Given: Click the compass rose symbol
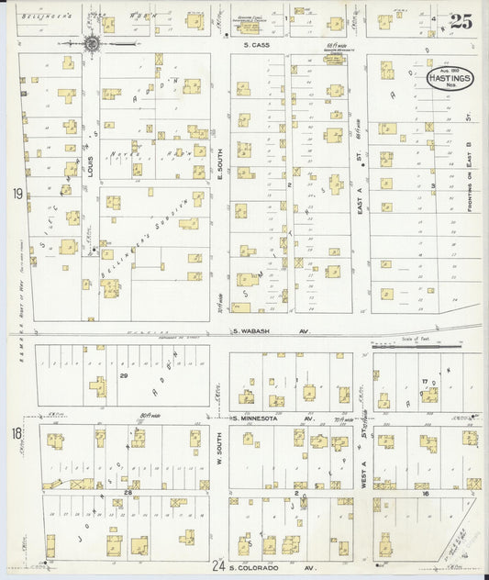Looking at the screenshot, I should [92, 42].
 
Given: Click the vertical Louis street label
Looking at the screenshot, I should [91, 166].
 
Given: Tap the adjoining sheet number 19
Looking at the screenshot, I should [17, 194].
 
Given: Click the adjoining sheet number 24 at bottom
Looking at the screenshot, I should [217, 569].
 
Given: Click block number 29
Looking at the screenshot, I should [123, 376].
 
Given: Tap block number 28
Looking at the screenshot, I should [129, 493].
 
